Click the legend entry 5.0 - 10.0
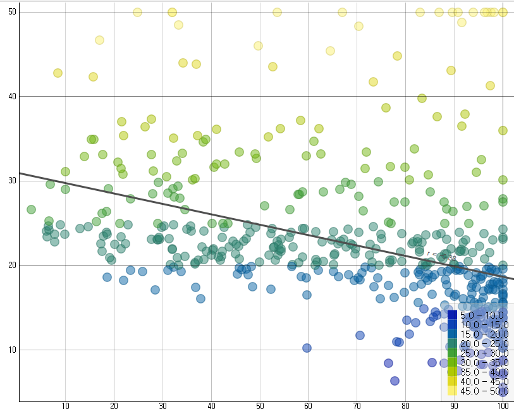482,315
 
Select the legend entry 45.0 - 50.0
482,391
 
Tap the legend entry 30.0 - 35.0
482,362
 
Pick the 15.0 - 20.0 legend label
482,334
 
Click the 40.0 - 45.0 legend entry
482,382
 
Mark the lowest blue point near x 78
395,381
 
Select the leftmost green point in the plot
31,209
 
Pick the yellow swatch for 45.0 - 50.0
453,391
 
